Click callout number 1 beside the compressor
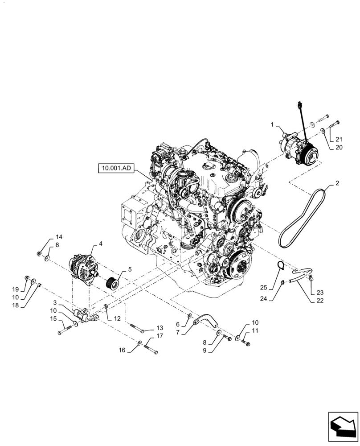click(272, 126)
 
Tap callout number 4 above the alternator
click(101, 244)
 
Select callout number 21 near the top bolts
click(339, 139)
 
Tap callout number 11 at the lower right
click(255, 330)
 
